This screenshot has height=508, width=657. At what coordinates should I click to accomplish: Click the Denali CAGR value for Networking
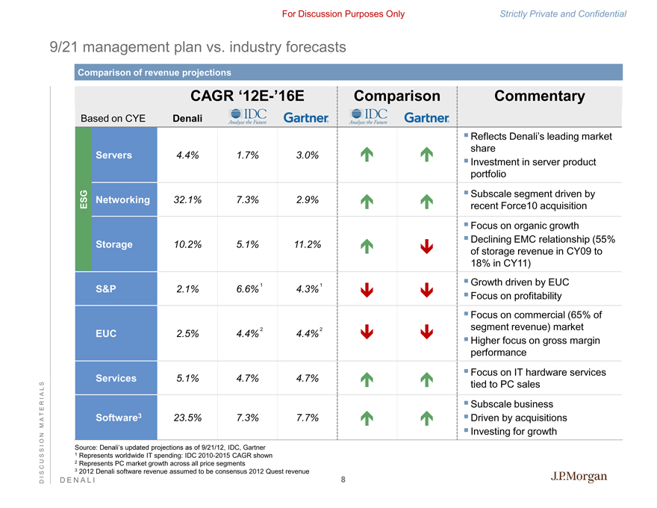click(x=187, y=199)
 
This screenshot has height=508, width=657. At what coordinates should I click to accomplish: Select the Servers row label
click(x=114, y=155)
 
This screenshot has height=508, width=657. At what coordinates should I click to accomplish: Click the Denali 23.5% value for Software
click(x=187, y=418)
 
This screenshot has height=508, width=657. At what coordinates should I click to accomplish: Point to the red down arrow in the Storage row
click(x=426, y=245)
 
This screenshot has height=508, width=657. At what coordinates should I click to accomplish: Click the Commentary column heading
click(x=539, y=96)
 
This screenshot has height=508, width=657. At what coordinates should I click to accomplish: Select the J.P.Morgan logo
click(x=579, y=477)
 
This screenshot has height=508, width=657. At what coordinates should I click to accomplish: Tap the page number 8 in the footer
click(x=343, y=480)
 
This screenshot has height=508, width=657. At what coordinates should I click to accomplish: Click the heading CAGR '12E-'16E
click(x=247, y=96)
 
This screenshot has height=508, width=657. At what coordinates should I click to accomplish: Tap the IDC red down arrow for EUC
click(x=367, y=333)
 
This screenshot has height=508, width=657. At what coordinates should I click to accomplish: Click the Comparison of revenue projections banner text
click(x=155, y=72)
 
